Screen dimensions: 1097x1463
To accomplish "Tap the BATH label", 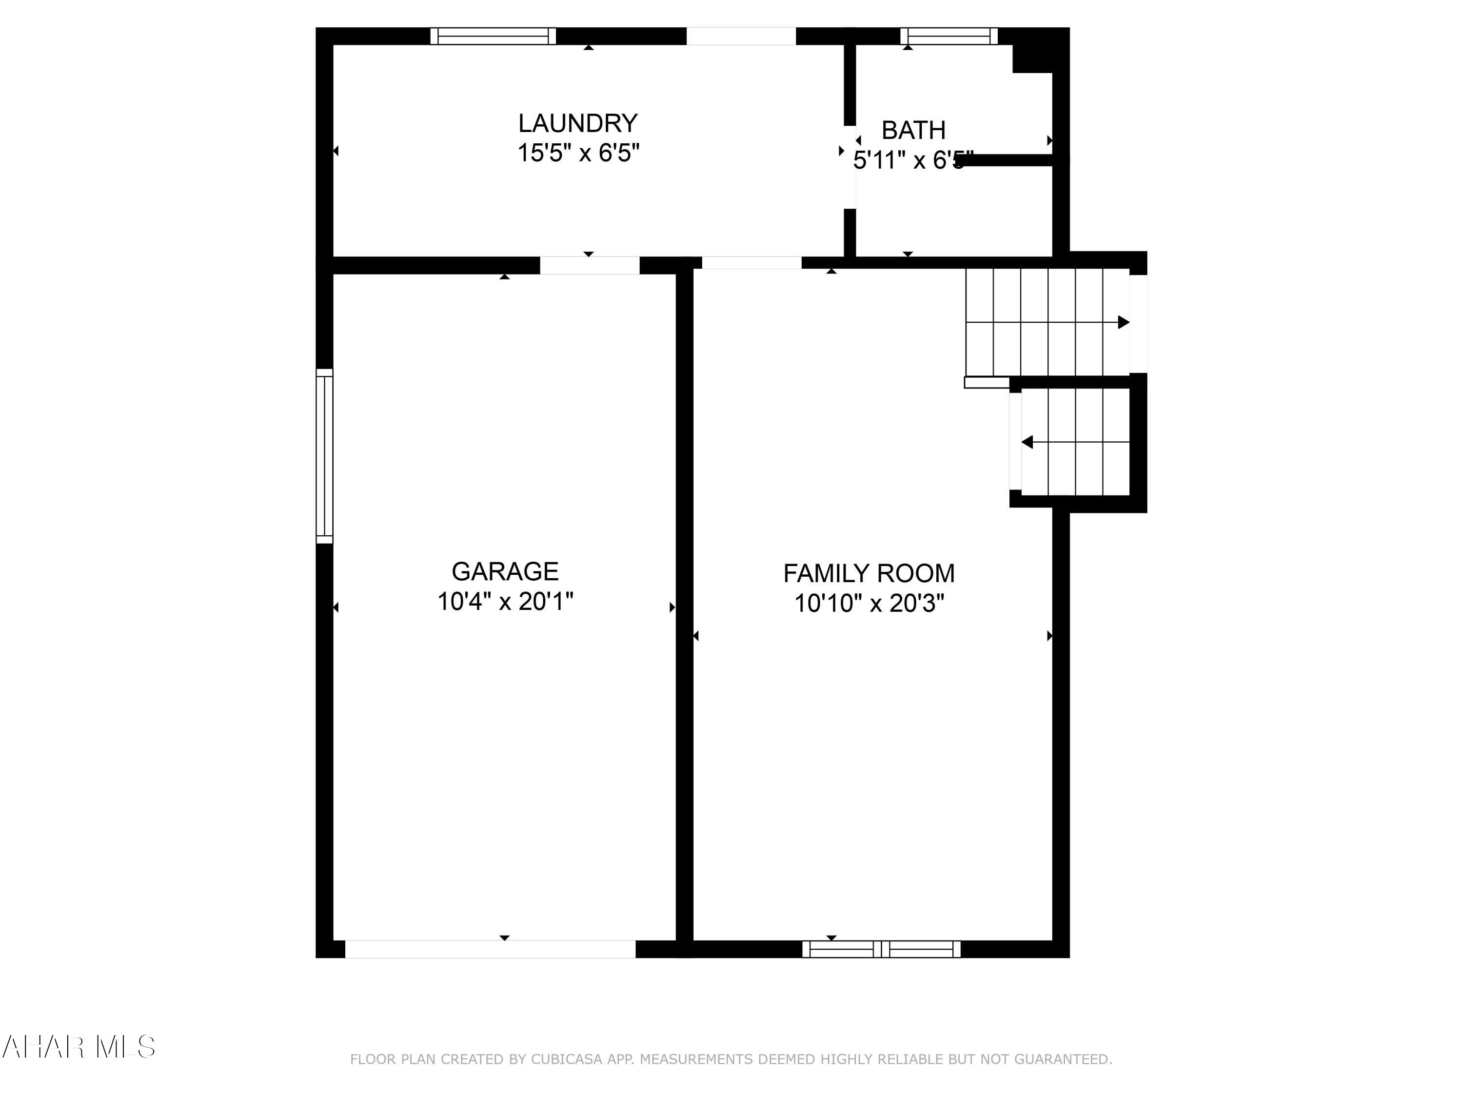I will tap(913, 130).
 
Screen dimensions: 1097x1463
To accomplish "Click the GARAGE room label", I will tap(505, 571).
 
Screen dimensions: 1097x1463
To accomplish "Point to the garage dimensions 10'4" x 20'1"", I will tap(505, 602).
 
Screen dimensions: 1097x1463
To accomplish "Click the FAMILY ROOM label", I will tap(869, 573).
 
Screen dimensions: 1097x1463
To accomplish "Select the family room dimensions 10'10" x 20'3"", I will tap(869, 604).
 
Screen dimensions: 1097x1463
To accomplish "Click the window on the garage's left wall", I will tap(324, 456).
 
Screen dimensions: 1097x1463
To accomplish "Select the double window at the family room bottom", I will tap(881, 949).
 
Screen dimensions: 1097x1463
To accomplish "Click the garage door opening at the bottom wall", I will tap(490, 949).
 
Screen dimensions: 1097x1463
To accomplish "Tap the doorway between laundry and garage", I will tap(589, 265).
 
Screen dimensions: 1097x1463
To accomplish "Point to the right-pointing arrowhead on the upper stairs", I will tap(1123, 322).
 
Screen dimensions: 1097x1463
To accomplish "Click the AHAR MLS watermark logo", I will tap(78, 1047).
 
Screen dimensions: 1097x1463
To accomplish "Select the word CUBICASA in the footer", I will tap(567, 1059).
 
